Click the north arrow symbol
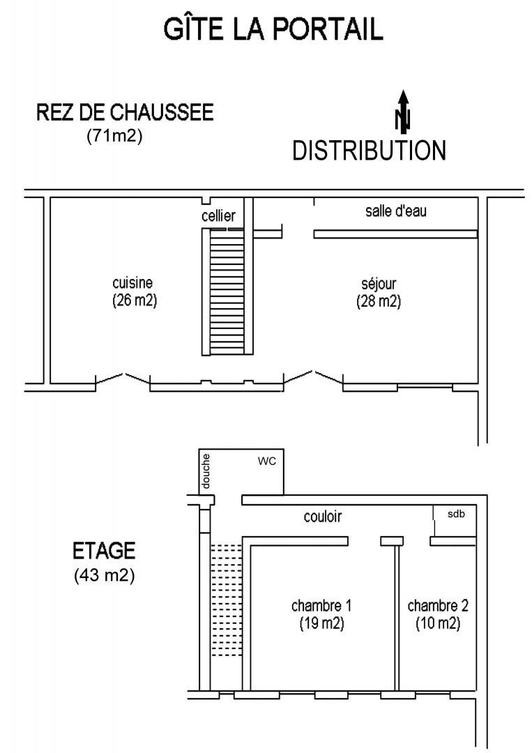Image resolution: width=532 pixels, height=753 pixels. [403, 111]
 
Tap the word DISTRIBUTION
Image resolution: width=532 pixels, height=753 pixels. [370, 151]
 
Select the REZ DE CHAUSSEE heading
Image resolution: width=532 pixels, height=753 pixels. [125, 112]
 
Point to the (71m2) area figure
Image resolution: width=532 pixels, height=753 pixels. [114, 136]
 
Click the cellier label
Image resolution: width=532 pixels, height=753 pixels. [218, 215]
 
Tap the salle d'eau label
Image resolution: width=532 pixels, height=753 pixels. [395, 211]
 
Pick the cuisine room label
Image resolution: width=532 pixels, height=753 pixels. [132, 282]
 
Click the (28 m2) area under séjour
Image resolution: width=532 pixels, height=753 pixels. [379, 301]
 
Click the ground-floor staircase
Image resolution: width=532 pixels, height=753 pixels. [227, 291]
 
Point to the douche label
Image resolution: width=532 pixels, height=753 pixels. [206, 471]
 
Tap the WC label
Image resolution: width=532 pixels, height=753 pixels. [267, 461]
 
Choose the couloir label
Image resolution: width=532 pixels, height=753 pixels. [323, 516]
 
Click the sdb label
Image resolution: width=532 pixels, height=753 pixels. [456, 514]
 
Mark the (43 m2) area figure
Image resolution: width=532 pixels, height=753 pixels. [104, 575]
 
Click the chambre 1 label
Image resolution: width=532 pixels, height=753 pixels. [321, 606]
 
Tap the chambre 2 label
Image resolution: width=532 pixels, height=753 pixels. [438, 606]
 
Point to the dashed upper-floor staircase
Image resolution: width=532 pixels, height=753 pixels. [226, 600]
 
